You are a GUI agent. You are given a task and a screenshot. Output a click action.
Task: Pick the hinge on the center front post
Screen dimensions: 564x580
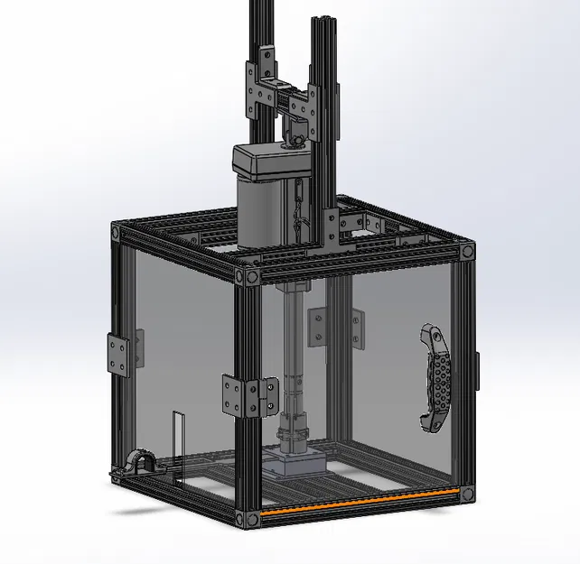pyautogui.click(x=243, y=397)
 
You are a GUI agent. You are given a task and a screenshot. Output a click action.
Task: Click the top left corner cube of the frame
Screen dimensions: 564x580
pyautogui.click(x=117, y=234)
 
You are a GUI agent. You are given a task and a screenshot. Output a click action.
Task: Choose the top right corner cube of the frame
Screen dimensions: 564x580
pyautogui.click(x=467, y=252)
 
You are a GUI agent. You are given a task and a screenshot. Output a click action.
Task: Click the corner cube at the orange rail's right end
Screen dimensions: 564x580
pyautogui.click(x=467, y=493)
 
